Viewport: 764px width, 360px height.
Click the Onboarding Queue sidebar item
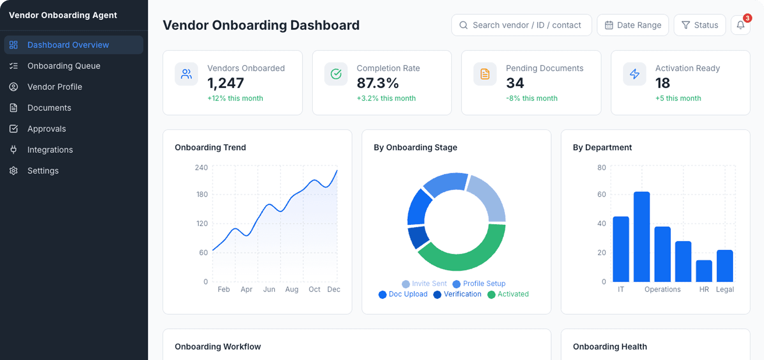(x=64, y=66)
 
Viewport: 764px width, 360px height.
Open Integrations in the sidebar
(x=50, y=150)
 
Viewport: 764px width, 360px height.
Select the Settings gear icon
(x=14, y=171)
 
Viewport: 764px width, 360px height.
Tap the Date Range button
(x=633, y=25)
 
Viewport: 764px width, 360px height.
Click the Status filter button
(x=700, y=25)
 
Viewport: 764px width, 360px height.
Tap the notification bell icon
(x=741, y=25)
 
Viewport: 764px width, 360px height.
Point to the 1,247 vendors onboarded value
(x=226, y=83)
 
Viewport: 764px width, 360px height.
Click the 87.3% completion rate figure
(x=377, y=83)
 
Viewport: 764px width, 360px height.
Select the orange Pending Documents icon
(x=485, y=74)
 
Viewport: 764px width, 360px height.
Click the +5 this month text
(x=678, y=98)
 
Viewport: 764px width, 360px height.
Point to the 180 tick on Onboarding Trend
(x=202, y=194)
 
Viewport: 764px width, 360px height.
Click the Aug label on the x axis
(x=292, y=289)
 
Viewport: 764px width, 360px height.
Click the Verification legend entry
(x=458, y=294)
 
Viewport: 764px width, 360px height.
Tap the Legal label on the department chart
(x=725, y=289)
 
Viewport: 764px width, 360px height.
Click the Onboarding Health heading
(x=610, y=346)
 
